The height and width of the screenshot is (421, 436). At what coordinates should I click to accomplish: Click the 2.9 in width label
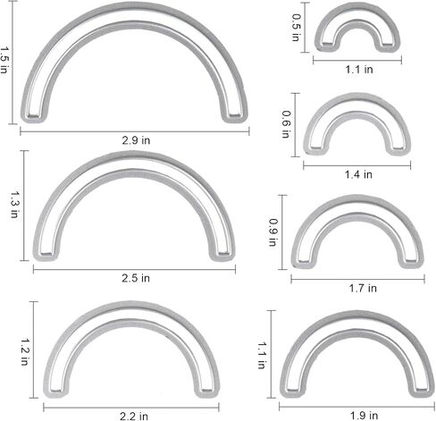tap(136, 140)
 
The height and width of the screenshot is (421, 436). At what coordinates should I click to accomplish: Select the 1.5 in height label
tap(4, 60)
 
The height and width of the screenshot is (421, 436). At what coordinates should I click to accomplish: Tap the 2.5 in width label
tap(136, 278)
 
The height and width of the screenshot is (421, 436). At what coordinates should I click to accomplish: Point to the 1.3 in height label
tap(15, 205)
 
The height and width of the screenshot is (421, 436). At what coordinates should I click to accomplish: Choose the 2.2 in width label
tap(134, 416)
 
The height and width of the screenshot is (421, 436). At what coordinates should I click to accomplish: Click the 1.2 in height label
tap(25, 351)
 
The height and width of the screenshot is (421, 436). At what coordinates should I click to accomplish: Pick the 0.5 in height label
tap(296, 28)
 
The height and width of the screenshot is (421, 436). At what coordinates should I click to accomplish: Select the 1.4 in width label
tap(358, 174)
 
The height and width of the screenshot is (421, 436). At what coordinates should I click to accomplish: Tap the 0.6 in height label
tap(286, 124)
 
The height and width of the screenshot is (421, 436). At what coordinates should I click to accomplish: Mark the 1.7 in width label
tap(363, 288)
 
